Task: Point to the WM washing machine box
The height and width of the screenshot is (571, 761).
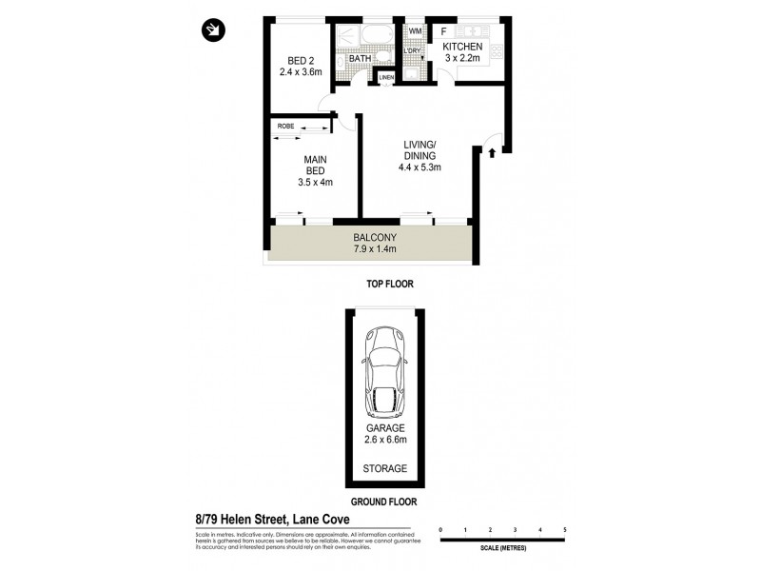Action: (x=415, y=30)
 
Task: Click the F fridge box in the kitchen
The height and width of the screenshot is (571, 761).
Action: (x=443, y=30)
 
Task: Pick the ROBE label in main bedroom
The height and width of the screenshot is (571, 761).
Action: (x=285, y=126)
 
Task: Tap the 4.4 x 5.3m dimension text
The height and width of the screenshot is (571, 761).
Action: (x=419, y=167)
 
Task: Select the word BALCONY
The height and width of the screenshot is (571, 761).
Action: (x=374, y=238)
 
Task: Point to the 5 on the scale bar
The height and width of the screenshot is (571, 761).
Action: (x=565, y=528)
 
